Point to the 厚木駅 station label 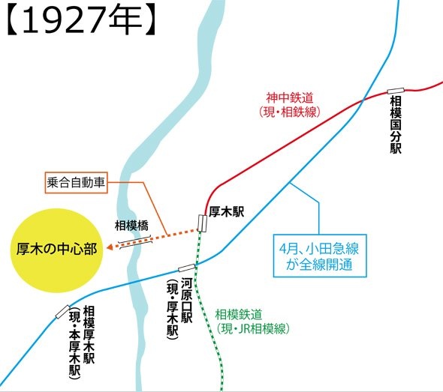tap(228, 212)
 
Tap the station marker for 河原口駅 tap(186, 268)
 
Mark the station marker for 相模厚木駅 tap(62, 312)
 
